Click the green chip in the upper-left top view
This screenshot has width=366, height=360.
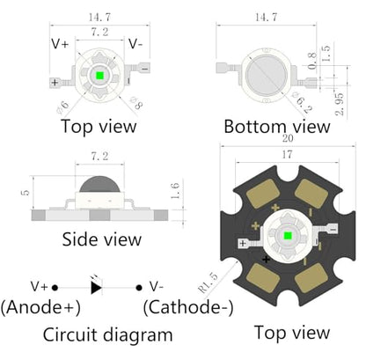[99, 76]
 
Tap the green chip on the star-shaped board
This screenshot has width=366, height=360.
[288, 235]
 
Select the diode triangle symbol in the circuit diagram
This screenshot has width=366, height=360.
[96, 288]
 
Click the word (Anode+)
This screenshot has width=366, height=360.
[40, 307]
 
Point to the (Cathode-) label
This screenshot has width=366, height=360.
[188, 307]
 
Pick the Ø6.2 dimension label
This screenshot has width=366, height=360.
[302, 102]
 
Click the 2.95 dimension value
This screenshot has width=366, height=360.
[339, 104]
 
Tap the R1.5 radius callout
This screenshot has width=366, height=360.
[209, 283]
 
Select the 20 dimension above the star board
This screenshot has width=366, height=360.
[288, 138]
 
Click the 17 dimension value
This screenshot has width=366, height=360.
[287, 155]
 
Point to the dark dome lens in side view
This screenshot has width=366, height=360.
[99, 184]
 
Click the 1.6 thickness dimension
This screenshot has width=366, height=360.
[175, 191]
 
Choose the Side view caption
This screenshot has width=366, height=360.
[102, 239]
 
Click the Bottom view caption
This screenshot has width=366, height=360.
[277, 127]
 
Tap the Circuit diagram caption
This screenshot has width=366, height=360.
[107, 334]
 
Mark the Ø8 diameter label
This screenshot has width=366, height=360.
[136, 103]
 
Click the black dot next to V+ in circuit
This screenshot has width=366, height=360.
[55, 288]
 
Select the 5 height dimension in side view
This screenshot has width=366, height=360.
[26, 193]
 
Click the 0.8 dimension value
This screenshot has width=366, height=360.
[312, 61]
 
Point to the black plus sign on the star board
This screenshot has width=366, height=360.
[266, 260]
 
